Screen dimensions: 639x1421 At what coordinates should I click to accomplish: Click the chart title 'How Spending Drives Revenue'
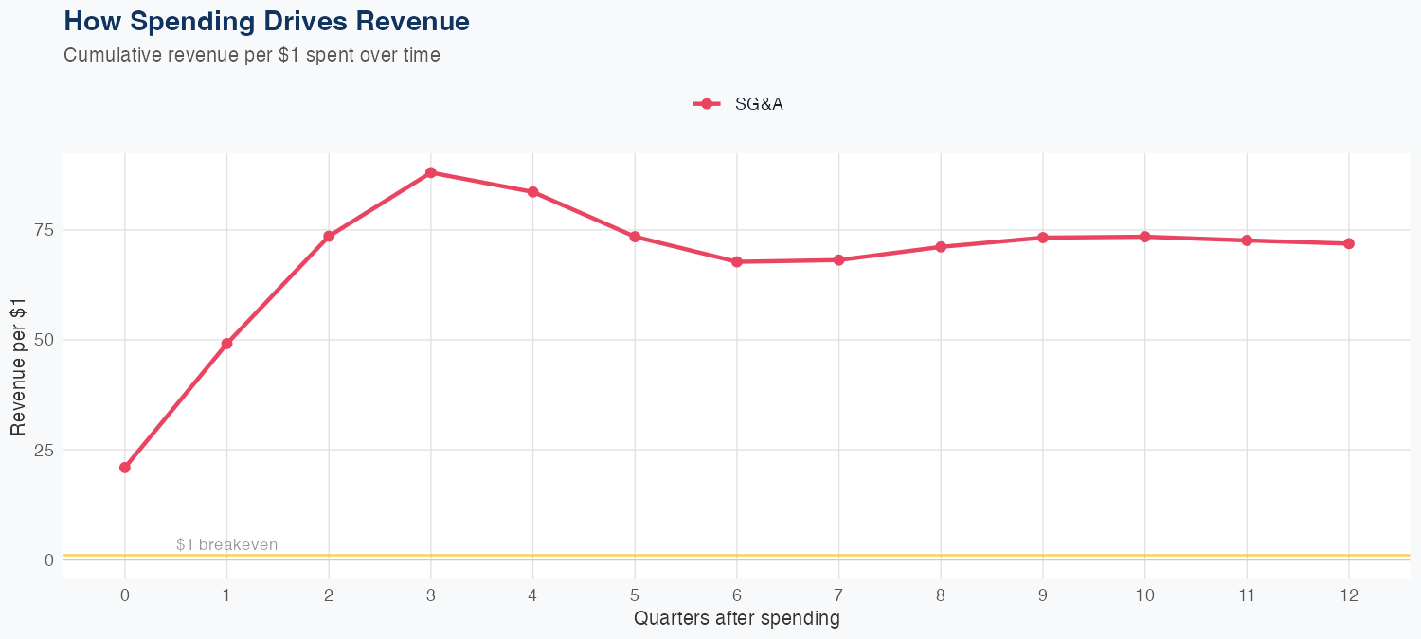(266, 21)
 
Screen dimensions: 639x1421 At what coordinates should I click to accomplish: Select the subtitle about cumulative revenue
(252, 55)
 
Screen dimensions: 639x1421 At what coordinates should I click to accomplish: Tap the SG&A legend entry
(739, 104)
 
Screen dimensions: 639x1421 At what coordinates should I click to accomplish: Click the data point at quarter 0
(125, 468)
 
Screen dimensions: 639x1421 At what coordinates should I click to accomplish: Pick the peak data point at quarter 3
(431, 172)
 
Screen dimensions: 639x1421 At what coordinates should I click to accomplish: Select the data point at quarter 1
(226, 344)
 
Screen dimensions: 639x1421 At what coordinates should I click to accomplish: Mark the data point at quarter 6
(737, 261)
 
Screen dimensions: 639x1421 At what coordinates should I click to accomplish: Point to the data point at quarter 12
(1349, 243)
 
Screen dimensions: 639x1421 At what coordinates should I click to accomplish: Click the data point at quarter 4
(533, 192)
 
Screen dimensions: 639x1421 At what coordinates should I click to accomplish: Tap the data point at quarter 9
(1043, 238)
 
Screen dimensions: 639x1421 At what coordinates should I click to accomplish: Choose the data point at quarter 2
(329, 236)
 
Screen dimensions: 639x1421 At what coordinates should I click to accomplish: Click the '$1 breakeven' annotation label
(226, 545)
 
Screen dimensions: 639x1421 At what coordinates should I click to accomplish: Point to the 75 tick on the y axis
(43, 230)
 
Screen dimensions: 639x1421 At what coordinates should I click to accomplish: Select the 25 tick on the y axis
(43, 450)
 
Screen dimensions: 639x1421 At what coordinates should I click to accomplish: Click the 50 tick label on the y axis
(43, 340)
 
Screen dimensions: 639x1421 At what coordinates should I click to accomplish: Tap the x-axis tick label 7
(838, 595)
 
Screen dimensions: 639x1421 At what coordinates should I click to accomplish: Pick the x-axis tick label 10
(1144, 595)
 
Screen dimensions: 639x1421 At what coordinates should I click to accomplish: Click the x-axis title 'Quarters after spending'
(736, 619)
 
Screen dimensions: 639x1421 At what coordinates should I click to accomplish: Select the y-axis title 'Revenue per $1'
(19, 365)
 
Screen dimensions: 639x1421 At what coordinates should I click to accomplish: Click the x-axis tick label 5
(635, 595)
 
